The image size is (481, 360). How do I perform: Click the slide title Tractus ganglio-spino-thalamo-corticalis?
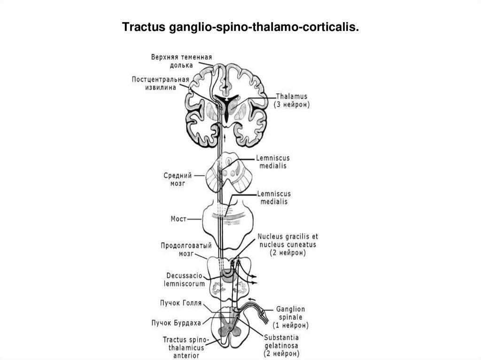tap(240, 28)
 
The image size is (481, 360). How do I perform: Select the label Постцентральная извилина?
tap(161, 83)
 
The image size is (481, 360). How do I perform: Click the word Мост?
tap(179, 219)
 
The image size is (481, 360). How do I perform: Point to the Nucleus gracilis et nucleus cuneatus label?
tap(287, 244)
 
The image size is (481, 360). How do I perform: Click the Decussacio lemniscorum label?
tap(185, 279)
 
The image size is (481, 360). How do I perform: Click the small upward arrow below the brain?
tap(225, 138)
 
